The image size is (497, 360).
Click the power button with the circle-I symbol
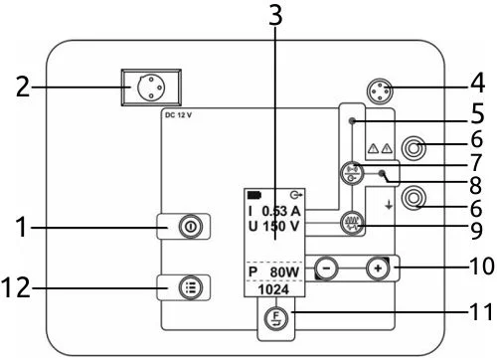(190, 227)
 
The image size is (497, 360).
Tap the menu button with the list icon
(190, 287)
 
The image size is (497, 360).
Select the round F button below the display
(276, 318)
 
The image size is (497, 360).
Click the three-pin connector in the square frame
(151, 88)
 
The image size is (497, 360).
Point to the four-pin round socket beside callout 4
(380, 90)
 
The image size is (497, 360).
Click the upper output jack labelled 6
(414, 147)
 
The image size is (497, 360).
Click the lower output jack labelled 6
(414, 198)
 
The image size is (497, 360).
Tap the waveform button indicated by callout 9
(352, 223)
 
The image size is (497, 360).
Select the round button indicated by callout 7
(352, 173)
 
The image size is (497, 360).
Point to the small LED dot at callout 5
(353, 121)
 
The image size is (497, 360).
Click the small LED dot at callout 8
(382, 173)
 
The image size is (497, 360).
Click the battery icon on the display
(254, 195)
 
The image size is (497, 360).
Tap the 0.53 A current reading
(281, 211)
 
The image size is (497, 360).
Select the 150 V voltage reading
(281, 227)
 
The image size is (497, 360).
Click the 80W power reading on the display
(284, 272)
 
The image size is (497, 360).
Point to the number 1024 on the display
(273, 289)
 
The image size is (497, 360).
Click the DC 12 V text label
(178, 115)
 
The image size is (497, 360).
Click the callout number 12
(16, 287)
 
